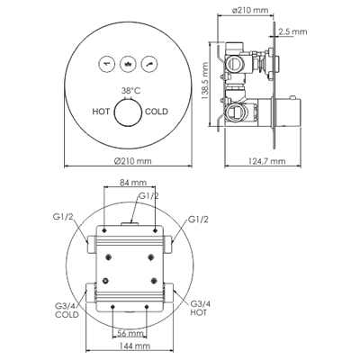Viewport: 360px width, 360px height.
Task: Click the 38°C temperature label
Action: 130,91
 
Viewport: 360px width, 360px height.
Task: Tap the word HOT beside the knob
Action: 101,112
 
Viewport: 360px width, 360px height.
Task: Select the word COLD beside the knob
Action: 157,112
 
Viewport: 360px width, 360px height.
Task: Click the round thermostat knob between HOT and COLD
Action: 128,112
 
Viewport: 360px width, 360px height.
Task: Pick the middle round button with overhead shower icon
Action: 128,64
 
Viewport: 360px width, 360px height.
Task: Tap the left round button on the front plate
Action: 107,64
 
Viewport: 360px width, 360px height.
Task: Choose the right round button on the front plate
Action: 149,64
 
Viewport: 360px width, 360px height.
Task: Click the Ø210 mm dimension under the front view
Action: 133,161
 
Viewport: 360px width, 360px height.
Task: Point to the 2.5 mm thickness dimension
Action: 292,31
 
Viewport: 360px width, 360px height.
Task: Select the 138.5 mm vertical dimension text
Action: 205,81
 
